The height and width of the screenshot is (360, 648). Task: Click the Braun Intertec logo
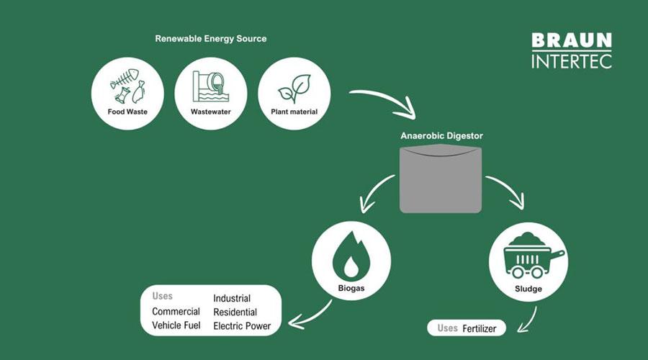(572, 50)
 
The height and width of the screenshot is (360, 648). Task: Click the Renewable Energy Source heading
(211, 39)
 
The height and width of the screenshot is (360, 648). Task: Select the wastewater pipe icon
(210, 87)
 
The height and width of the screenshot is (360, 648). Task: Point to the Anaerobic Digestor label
(441, 135)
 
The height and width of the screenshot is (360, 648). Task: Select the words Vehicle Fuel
(176, 325)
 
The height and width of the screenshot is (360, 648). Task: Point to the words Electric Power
(242, 326)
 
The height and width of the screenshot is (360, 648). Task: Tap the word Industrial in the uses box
(232, 299)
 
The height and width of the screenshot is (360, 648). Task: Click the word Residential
(235, 312)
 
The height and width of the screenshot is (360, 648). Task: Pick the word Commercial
(176, 312)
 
